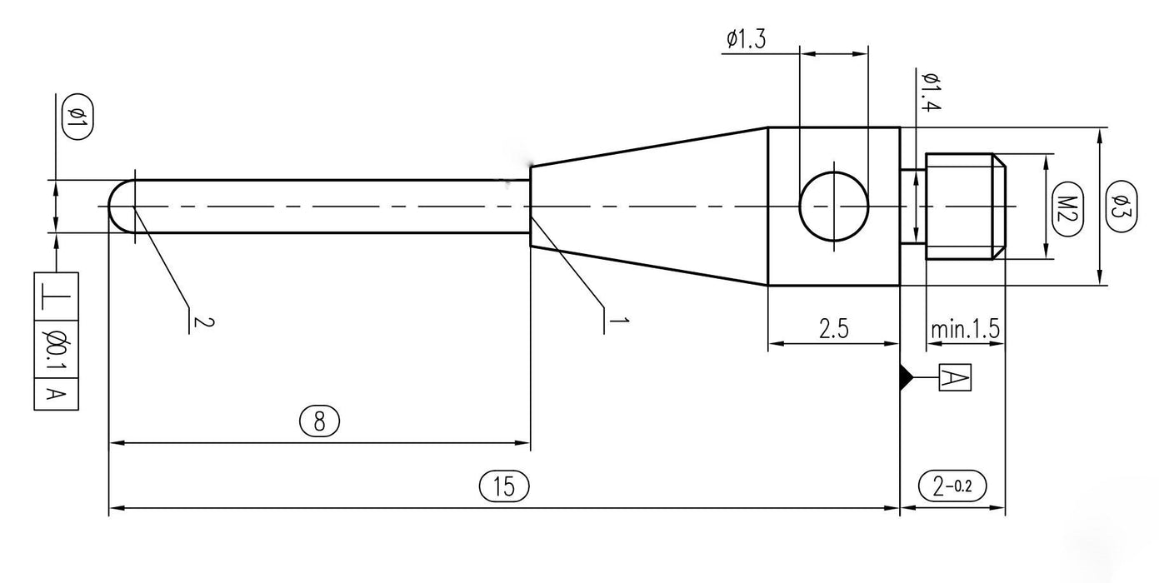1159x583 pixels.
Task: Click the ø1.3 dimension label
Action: [x=746, y=39]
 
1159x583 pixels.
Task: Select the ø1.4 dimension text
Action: [x=930, y=92]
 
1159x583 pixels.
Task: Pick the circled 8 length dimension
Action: [x=319, y=422]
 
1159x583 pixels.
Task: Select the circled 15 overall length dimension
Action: [x=505, y=486]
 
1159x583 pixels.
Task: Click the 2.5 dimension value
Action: [x=833, y=329]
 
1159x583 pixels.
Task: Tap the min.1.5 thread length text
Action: [x=965, y=329]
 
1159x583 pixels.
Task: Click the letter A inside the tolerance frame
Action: [x=56, y=394]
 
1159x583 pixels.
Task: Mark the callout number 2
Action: [x=197, y=321]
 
